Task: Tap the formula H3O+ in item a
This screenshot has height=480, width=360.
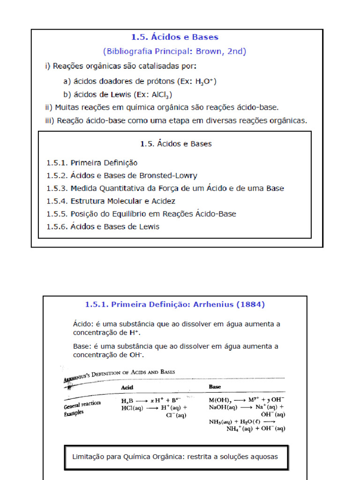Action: click(205, 81)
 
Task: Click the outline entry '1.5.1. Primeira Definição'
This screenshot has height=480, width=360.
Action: click(92, 163)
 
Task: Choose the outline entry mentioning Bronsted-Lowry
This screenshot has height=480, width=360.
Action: click(121, 176)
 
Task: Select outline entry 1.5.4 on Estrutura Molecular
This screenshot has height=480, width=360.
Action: click(111, 201)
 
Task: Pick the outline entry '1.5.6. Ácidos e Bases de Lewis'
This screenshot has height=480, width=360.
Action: click(103, 227)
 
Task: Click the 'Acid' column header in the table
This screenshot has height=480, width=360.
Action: click(127, 388)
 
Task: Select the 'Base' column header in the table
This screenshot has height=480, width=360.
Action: click(215, 387)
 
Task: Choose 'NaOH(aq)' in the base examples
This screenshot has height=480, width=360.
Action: click(223, 407)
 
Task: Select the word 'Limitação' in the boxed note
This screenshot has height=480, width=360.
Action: click(89, 457)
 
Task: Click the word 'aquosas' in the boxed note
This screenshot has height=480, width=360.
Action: click(263, 457)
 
